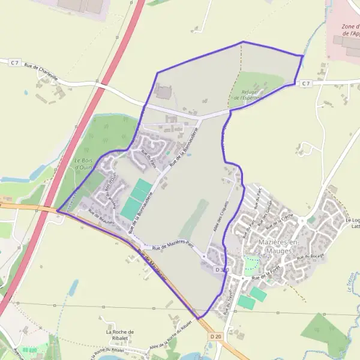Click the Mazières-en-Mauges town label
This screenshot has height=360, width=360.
pos(277,245)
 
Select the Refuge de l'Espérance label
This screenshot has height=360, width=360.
pos(248,95)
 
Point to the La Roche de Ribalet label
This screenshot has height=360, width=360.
pos(119,334)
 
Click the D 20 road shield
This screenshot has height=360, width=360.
pos(216,337)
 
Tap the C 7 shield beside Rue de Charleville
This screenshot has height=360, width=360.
pos(13,62)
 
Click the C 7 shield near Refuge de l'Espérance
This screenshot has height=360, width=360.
pos(305,83)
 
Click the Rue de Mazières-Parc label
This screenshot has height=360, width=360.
pos(174,245)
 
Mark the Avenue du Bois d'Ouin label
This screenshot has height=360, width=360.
pos(111,183)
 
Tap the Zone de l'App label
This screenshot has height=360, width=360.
pos(350,30)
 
